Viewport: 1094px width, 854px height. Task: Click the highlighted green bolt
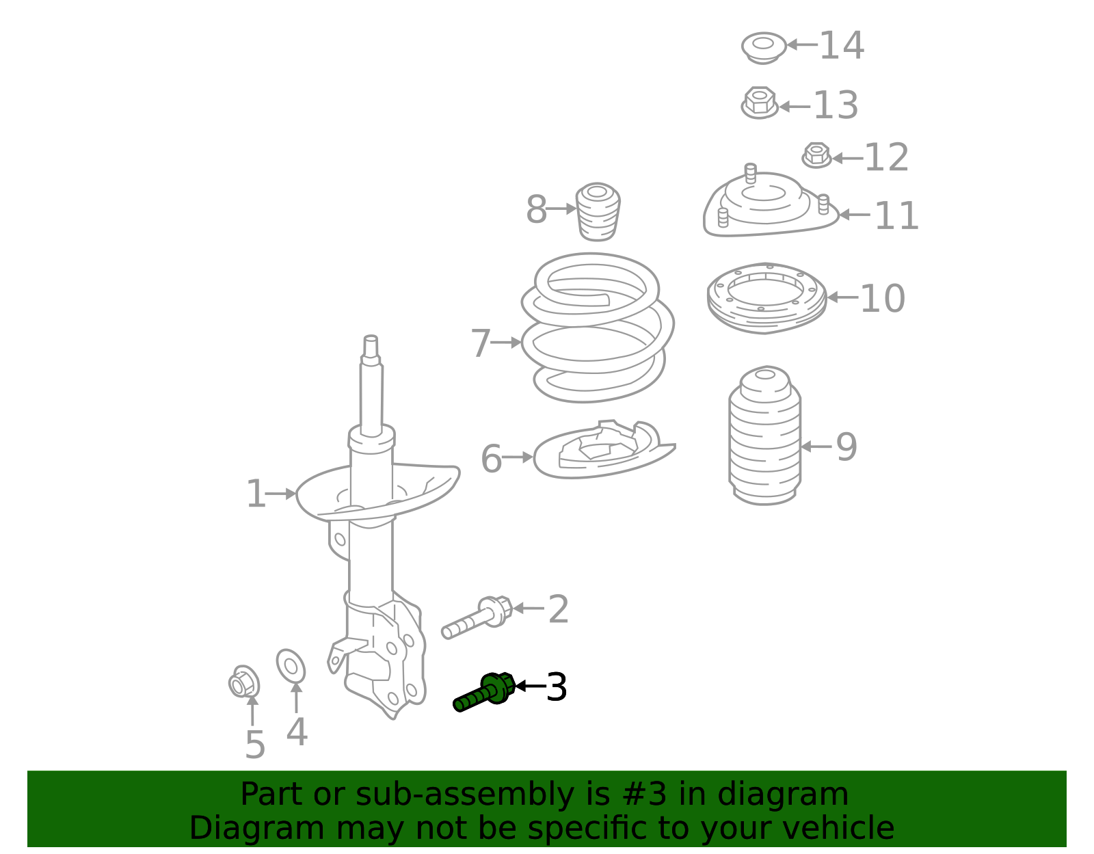tap(484, 693)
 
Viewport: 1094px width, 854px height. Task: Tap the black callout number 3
tap(557, 687)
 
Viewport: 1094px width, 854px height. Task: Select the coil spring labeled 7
tap(597, 328)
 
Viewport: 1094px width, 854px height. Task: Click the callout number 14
tap(841, 46)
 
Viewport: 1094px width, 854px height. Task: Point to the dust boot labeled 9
tap(764, 438)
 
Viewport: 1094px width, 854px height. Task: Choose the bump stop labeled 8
tap(598, 211)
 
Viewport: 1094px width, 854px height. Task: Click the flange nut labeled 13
tap(759, 103)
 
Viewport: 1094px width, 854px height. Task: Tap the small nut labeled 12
tap(816, 155)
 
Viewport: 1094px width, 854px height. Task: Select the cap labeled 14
tap(763, 47)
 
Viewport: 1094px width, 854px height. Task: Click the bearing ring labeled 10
tap(766, 297)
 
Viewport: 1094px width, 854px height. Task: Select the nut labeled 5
tap(243, 682)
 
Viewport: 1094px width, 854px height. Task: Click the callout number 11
tap(896, 216)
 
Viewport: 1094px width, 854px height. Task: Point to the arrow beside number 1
tap(280, 493)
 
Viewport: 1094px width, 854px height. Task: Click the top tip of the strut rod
tap(371, 339)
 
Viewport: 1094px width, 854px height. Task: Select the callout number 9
tap(846, 447)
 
